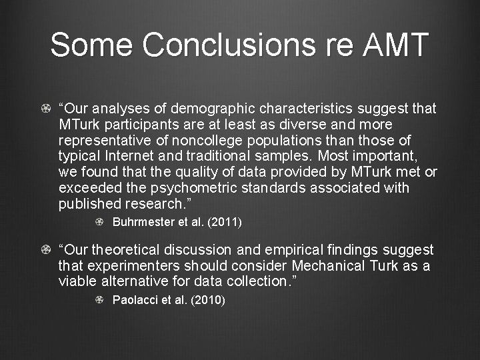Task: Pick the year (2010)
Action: (208, 300)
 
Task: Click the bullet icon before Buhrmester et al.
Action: (99, 222)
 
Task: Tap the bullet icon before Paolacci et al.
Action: (99, 300)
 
